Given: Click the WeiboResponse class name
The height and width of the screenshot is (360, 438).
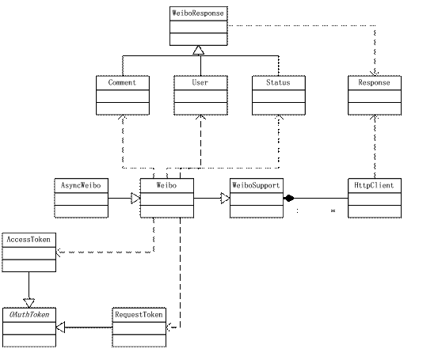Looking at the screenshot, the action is (x=198, y=13).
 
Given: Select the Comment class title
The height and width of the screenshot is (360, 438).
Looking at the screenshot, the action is (x=122, y=82).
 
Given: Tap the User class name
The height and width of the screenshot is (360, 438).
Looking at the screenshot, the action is (x=200, y=82).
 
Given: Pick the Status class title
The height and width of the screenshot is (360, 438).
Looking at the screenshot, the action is (x=278, y=82).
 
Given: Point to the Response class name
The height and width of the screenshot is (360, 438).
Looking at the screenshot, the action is (x=374, y=82).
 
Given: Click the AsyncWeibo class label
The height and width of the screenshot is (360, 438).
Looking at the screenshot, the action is (x=81, y=185).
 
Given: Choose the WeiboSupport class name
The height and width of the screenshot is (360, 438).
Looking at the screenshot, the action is (x=256, y=185).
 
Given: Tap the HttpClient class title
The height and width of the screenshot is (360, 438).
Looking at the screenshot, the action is (x=374, y=185).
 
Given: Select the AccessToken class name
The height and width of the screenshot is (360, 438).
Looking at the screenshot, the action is (x=29, y=240).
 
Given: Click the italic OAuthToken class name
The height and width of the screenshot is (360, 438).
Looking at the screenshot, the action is (x=29, y=315).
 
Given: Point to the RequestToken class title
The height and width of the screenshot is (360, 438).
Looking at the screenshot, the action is (x=139, y=315).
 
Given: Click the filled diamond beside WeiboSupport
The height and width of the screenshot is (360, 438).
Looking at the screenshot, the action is (x=289, y=199).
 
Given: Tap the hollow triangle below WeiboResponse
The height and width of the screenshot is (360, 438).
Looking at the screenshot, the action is (x=198, y=50).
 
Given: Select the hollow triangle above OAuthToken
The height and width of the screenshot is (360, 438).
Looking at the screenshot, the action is (x=29, y=303).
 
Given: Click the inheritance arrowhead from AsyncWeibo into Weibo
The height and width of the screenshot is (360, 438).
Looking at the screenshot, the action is (x=135, y=199).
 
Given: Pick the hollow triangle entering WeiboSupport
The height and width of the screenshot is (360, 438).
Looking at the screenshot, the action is (x=225, y=199).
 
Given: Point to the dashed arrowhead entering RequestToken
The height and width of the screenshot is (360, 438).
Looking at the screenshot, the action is (x=169, y=327).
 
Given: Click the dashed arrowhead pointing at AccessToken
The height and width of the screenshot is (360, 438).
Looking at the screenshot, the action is (x=59, y=252).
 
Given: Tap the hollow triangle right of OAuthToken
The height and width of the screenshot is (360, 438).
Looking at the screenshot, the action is (x=60, y=327).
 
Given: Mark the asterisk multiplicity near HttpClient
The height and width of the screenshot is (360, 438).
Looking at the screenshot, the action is (x=333, y=210).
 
